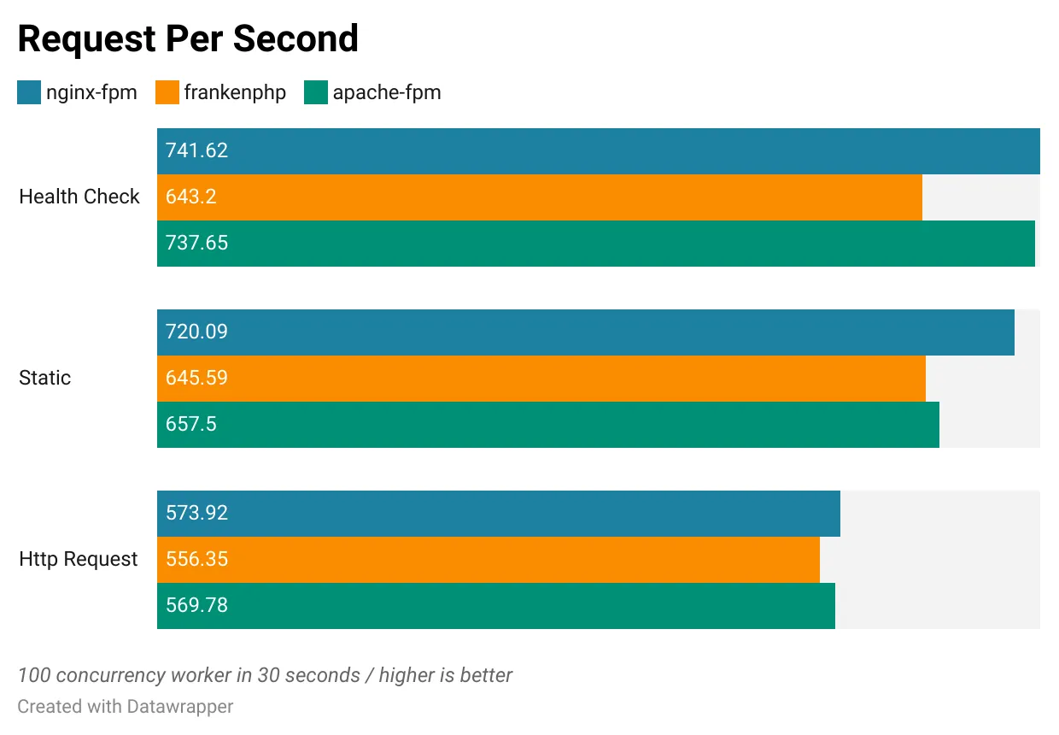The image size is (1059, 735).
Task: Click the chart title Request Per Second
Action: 188,39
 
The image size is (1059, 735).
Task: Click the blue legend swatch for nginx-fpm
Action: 29,92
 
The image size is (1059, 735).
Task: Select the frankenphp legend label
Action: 235,92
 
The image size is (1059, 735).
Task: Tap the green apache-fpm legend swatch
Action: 316,92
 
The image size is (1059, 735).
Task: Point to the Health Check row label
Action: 79,197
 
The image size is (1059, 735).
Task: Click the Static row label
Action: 45,378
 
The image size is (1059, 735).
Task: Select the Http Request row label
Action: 79,559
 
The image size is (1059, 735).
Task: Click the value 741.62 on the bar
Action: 196,151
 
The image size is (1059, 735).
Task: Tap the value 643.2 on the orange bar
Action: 191,197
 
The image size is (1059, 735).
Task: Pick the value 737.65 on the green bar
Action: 196,244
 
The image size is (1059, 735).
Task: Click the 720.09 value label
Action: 196,332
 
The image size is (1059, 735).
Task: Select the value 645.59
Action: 196,379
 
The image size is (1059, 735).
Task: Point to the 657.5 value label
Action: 191,425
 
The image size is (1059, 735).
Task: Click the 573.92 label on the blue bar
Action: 196,514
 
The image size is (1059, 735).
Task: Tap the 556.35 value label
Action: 196,560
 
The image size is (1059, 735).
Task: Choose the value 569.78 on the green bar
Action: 196,606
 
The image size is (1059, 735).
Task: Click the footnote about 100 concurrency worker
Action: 265,675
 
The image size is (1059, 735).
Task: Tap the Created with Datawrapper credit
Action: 126,707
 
